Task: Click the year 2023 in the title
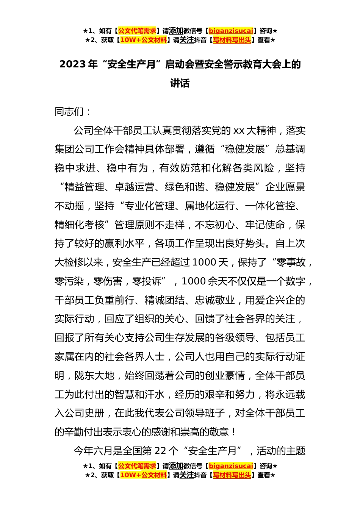72,64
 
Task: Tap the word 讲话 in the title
180,83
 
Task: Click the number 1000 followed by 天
205,262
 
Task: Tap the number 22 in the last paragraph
160,451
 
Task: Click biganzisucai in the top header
231,31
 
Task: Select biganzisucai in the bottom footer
231,466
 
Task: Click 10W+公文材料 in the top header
143,40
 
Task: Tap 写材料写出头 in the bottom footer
232,475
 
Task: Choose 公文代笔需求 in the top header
137,31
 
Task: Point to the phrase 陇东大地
94,376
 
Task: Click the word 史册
94,413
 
